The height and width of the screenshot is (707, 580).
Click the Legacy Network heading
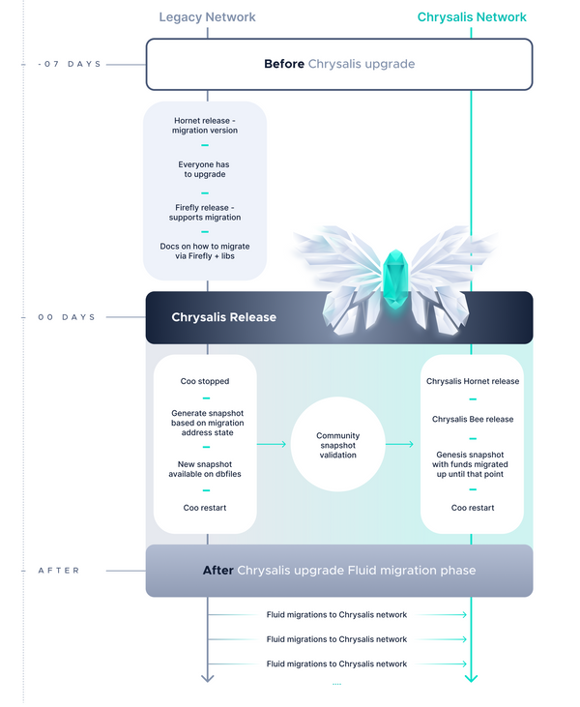pos(207,16)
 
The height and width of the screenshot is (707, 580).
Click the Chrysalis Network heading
pos(472,16)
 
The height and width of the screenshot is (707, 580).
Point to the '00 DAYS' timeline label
pos(67,317)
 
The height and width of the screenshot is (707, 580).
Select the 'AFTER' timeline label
pos(59,571)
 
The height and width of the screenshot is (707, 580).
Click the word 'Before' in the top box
pos(284,64)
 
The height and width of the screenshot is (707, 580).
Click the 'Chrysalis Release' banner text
pos(223,317)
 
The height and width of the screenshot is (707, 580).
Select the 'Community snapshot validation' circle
pos(337,444)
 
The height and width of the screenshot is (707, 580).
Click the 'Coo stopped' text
pos(205,381)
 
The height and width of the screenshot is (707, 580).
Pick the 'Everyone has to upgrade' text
pos(204,170)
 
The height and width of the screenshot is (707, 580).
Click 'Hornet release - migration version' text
pos(204,124)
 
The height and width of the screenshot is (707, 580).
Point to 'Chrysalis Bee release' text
pos(473,419)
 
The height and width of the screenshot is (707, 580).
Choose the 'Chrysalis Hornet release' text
pos(473,381)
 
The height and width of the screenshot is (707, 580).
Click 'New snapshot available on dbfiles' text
pos(205,470)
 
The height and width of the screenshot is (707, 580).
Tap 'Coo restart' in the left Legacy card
pos(205,508)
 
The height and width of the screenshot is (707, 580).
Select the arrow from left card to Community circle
pos(273,444)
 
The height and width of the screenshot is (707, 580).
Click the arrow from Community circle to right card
pos(401,444)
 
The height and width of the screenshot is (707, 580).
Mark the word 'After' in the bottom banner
pos(217,571)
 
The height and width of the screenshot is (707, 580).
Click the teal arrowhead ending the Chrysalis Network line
pos(471,678)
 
